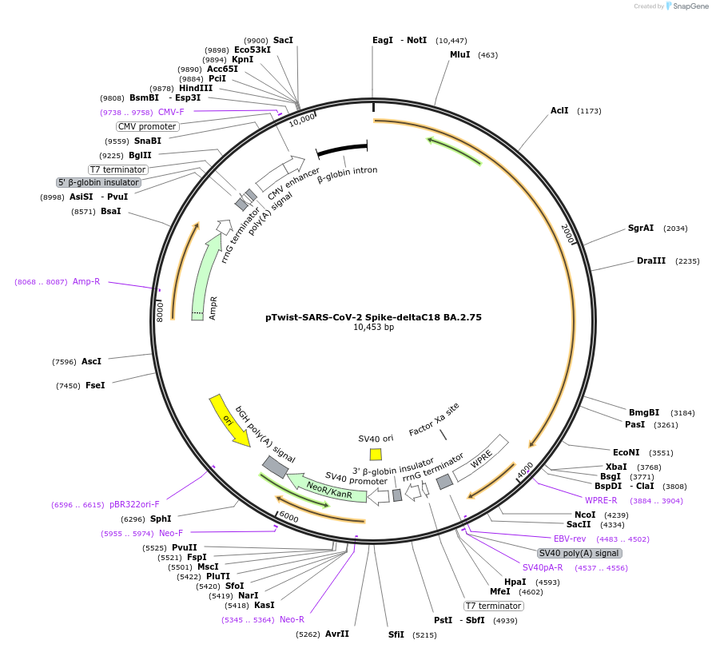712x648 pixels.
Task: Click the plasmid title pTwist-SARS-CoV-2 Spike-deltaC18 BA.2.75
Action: [x=373, y=317]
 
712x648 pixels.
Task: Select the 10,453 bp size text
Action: [x=373, y=328]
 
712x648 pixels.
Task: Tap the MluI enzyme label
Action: [x=459, y=55]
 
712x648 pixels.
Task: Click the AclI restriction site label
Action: [x=559, y=110]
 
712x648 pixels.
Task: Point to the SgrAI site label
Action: [x=640, y=228]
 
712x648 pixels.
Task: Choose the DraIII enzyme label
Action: [x=651, y=261]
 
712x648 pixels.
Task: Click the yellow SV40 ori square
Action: [x=376, y=454]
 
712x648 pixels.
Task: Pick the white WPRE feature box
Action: [x=481, y=458]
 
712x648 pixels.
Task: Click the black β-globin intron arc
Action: [x=342, y=149]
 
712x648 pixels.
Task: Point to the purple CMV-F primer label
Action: [x=171, y=112]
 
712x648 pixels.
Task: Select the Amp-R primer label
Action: [x=86, y=281]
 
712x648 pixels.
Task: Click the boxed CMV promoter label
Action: [x=147, y=126]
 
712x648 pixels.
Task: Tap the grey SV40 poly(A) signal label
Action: [x=579, y=553]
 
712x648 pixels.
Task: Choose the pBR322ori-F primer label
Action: [x=134, y=504]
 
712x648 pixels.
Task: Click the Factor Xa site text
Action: [x=434, y=419]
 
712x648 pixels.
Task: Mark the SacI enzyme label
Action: [x=283, y=40]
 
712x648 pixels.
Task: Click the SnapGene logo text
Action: [x=686, y=6]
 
